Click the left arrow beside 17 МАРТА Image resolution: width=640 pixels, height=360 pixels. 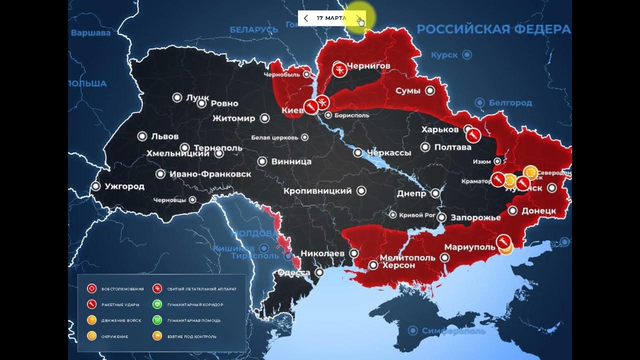tap(306, 18)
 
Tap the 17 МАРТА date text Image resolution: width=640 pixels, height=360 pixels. tap(331, 18)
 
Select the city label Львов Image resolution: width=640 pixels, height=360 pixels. tap(164, 136)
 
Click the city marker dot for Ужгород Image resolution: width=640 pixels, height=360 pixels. tap(95, 186)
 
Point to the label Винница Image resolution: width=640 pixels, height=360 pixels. tap(291, 161)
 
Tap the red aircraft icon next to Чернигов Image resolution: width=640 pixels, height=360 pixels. tap(339, 69)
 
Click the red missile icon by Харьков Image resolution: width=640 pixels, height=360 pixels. tap(473, 135)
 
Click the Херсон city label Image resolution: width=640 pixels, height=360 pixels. tap(398, 265)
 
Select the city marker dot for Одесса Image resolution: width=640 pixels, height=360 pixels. tap(320, 272)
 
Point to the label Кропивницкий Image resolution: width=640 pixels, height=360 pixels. tap(317, 191)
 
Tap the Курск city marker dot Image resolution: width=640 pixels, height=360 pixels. tap(466, 54)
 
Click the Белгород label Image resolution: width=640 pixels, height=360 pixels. tap(510, 102)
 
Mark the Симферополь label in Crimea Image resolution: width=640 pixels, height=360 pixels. tap(453, 331)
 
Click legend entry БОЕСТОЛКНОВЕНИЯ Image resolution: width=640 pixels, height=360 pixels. tap(122, 289)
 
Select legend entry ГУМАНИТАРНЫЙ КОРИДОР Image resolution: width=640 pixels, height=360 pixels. tap(195, 304)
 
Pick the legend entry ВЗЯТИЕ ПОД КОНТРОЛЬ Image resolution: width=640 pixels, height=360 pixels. tap(191, 336)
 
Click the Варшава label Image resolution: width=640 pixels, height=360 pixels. tap(90, 33)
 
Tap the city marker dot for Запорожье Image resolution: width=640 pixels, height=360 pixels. tap(441, 217)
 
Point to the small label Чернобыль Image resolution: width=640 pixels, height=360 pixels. tap(282, 74)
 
